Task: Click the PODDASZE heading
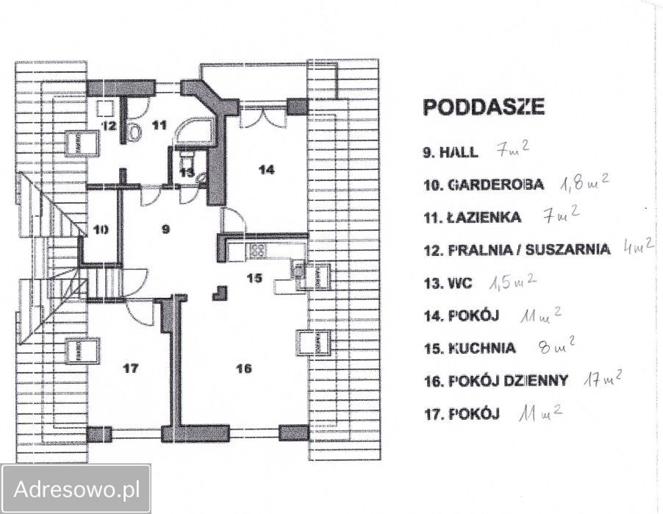point(484,107)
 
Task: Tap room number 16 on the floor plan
point(244,368)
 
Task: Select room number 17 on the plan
point(130,368)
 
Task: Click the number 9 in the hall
point(166,229)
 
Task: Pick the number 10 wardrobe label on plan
point(101,229)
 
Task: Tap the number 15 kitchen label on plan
point(254,278)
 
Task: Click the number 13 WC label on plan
point(187,173)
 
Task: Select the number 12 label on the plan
point(108,126)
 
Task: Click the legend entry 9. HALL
point(451,152)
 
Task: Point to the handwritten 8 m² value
point(558,344)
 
